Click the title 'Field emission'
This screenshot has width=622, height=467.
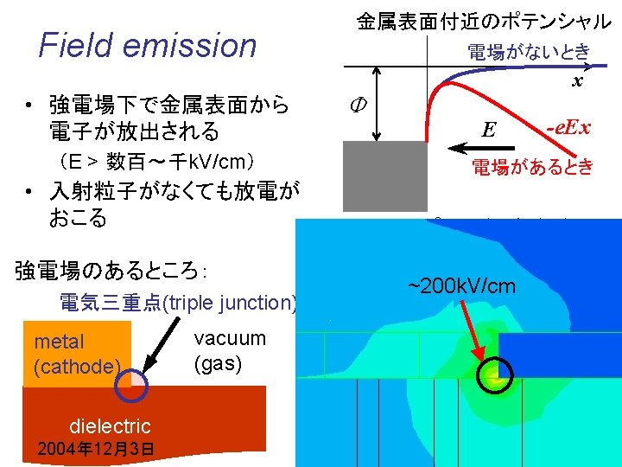pyautogui.click(x=148, y=45)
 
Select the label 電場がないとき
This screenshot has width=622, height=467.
pyautogui.click(x=529, y=52)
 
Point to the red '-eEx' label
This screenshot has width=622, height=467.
pyautogui.click(x=568, y=128)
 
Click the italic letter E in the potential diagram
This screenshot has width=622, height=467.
pyautogui.click(x=488, y=130)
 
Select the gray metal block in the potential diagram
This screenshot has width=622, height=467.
pyautogui.click(x=384, y=176)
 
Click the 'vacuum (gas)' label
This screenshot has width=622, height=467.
pyautogui.click(x=230, y=349)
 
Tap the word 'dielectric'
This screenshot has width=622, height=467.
pyautogui.click(x=110, y=425)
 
